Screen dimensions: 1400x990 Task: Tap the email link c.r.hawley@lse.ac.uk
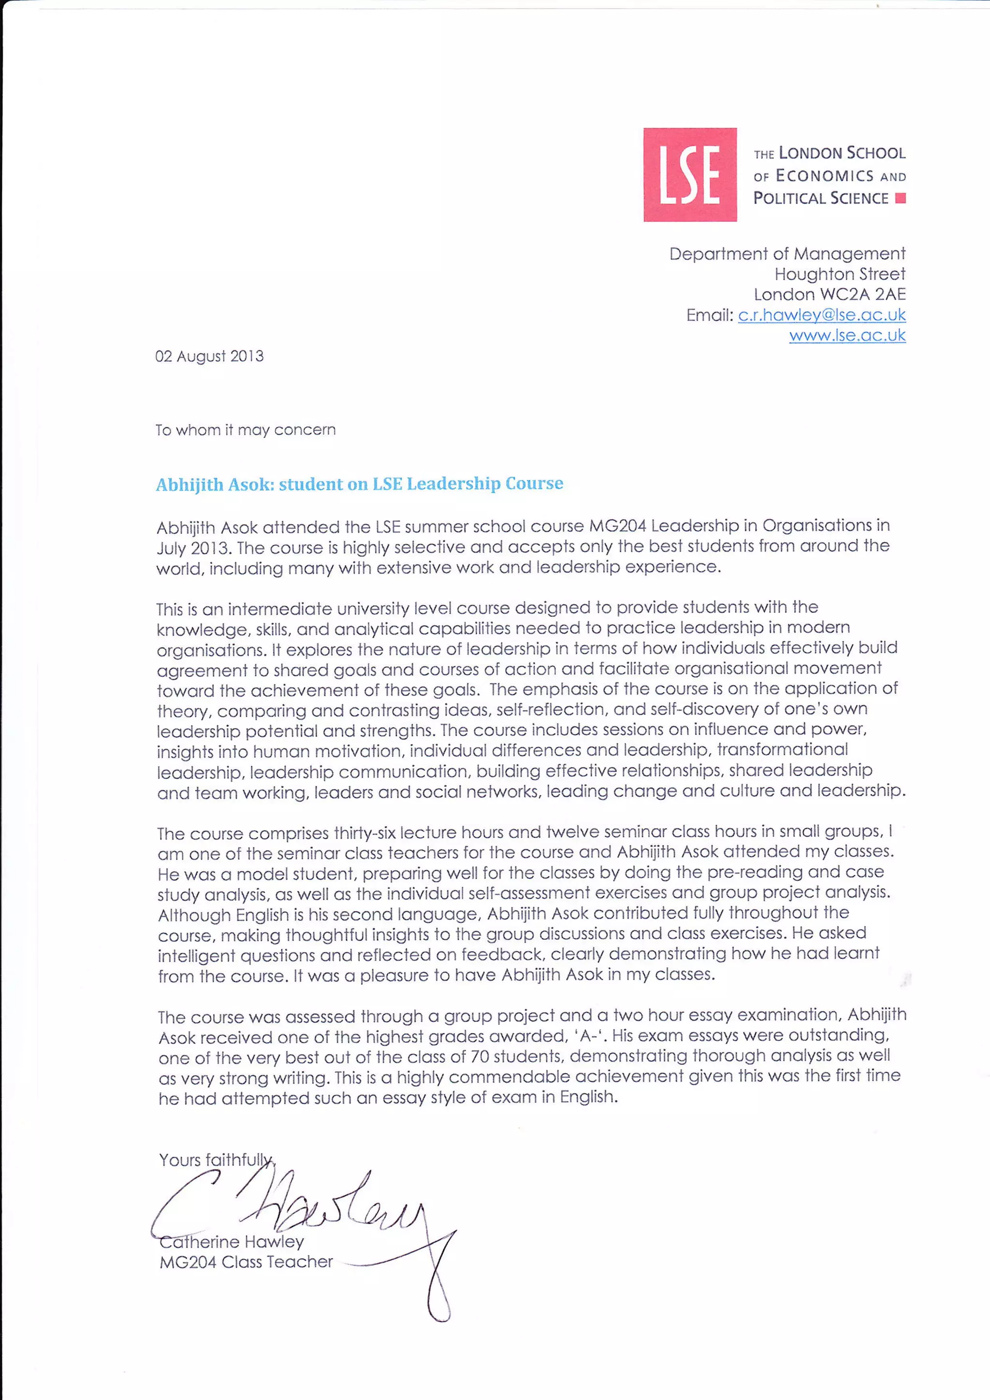coord(821,315)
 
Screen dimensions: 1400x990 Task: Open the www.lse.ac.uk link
coord(847,335)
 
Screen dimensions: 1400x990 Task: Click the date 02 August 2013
coord(209,356)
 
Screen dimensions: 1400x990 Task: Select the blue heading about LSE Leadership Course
coord(359,483)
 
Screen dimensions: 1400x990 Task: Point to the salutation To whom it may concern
coord(245,430)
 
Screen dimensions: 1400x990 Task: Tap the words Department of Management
coord(787,254)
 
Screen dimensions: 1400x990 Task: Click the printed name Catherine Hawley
coord(232,1241)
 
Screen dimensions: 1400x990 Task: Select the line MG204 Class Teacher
coord(246,1262)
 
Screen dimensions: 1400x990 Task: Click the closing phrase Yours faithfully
coord(217,1159)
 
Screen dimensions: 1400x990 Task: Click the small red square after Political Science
coord(901,198)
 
